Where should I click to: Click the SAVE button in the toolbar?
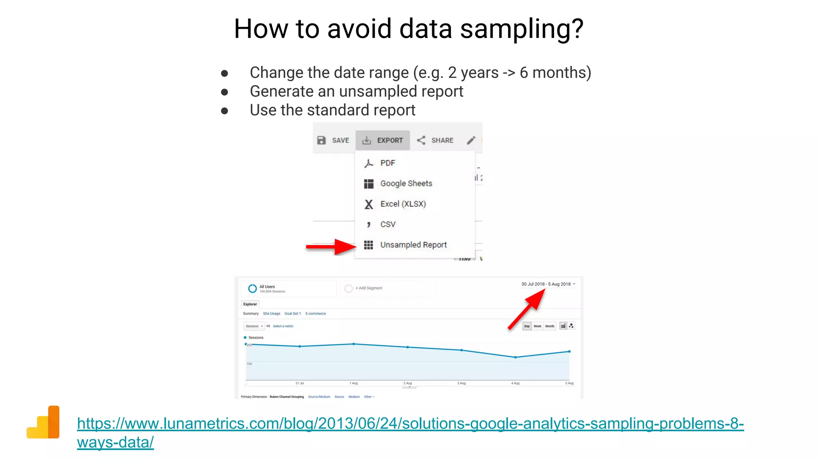pos(333,141)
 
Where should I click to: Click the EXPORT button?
pos(383,141)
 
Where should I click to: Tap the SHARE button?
pos(435,141)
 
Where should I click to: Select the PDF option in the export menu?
pos(387,163)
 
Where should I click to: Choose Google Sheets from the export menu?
pos(406,183)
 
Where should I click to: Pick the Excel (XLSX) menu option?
pos(403,204)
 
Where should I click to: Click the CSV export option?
pos(387,224)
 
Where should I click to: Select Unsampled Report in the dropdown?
pos(413,245)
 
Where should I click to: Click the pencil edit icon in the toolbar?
pos(471,140)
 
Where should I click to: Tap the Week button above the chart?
pos(537,326)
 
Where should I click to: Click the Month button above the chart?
pos(550,326)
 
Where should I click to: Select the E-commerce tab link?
pos(315,314)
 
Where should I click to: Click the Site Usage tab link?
pos(271,314)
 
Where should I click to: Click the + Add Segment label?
pos(369,288)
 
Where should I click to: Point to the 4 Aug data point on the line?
pos(515,357)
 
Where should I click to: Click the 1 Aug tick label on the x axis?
pos(353,383)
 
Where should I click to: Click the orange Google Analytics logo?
pos(43,422)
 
